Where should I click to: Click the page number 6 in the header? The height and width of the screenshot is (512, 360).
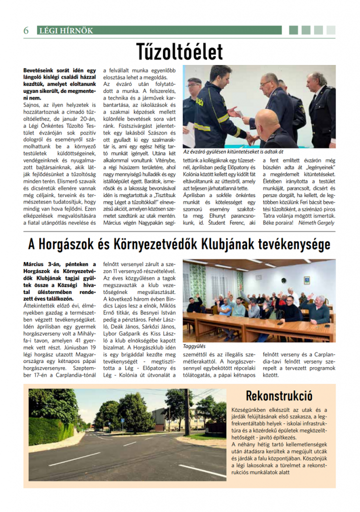click(x=26, y=30)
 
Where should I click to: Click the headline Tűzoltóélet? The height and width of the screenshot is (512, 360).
click(x=179, y=51)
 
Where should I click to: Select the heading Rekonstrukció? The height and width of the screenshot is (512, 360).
click(x=279, y=396)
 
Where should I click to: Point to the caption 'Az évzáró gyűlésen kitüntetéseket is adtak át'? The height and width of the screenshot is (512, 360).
click(x=233, y=151)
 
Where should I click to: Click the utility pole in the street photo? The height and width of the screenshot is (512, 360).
click(x=187, y=415)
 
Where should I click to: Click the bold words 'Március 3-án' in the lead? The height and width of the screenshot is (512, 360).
click(x=42, y=264)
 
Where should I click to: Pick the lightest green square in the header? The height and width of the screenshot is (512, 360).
click(x=330, y=30)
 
